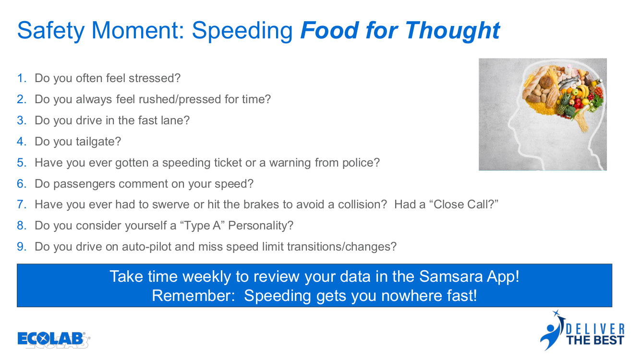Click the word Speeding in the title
(242, 31)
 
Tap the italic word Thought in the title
(453, 31)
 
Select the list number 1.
(22, 78)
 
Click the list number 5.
(22, 163)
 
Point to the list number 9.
(22, 247)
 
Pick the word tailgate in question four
(98, 142)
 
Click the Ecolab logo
(54, 340)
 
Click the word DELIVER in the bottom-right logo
(595, 329)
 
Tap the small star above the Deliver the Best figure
(556, 313)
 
